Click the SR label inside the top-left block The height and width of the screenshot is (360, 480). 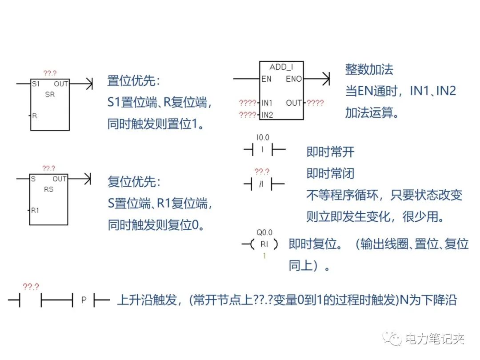(x=50, y=94)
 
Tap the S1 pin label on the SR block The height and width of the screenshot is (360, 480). (x=35, y=84)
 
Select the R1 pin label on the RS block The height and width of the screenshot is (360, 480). (x=35, y=210)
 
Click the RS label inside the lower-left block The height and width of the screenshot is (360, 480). (x=49, y=189)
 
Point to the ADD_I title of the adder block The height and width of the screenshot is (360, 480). (x=281, y=67)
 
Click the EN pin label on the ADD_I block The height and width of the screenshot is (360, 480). (x=266, y=79)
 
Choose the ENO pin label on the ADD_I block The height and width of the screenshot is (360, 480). (x=294, y=79)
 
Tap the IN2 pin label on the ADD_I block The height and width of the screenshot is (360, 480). (x=267, y=115)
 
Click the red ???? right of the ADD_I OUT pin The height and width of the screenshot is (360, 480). (x=315, y=103)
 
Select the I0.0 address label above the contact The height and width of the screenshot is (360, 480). (x=263, y=138)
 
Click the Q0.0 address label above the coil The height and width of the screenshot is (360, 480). (x=264, y=232)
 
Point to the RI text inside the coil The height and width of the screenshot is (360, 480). (x=264, y=244)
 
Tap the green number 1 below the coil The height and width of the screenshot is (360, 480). (x=264, y=256)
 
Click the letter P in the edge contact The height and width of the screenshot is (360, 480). (x=84, y=300)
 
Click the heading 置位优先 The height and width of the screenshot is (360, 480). (x=133, y=81)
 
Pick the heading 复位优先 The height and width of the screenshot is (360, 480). (x=133, y=182)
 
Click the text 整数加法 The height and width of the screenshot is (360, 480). (x=369, y=69)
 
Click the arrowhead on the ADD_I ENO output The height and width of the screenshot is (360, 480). (x=327, y=79)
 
